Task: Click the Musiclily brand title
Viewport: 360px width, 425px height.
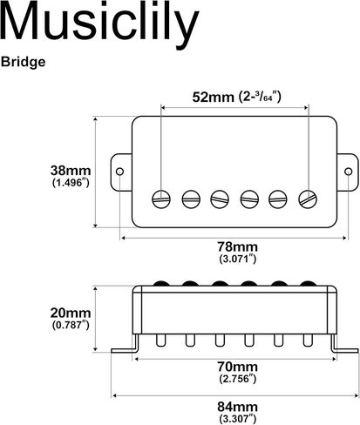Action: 99,22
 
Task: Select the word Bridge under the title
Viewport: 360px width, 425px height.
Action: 23,62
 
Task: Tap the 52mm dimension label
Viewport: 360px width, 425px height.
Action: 213,97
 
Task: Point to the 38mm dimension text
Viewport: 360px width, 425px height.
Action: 71,171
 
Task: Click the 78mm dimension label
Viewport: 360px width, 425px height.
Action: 238,246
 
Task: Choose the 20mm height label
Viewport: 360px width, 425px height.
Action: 71,313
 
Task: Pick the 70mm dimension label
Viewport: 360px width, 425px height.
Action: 238,367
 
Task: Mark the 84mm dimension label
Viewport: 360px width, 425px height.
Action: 238,407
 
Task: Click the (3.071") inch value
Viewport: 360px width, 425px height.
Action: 238,259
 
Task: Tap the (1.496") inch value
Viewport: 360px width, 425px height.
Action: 71,183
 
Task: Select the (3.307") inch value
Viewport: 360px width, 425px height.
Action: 238,419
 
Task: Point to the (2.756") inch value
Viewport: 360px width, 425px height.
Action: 238,379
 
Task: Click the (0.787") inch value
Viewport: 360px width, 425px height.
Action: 71,325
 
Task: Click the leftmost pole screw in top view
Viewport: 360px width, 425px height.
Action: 161,199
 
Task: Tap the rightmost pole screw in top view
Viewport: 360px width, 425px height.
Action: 308,199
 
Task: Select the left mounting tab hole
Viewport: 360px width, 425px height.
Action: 119,172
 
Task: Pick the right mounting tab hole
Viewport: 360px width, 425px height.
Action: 349,172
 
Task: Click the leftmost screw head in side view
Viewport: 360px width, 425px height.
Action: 161,283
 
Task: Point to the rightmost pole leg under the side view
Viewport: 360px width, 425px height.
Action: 308,341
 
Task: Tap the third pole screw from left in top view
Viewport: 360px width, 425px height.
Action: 220,199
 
